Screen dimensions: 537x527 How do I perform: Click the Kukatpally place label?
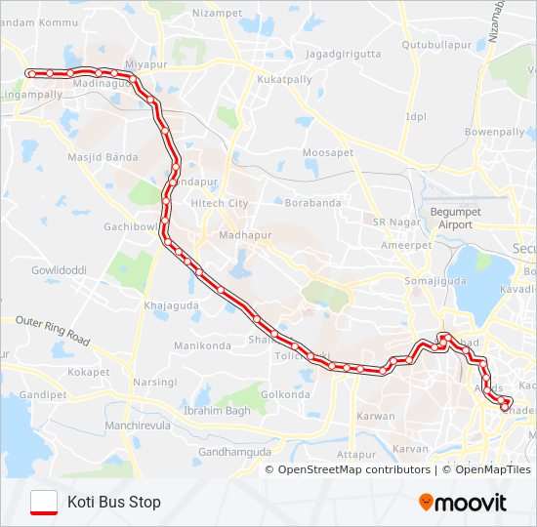pos(282,78)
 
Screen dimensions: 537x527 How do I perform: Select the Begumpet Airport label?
pos(449,219)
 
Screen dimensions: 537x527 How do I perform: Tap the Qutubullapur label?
pos(436,45)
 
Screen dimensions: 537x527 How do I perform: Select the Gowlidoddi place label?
pos(60,269)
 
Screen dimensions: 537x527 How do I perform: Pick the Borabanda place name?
pos(311,203)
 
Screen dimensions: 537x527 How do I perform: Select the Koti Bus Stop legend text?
pos(114,503)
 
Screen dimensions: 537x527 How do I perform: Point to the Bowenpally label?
pos(495,131)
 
